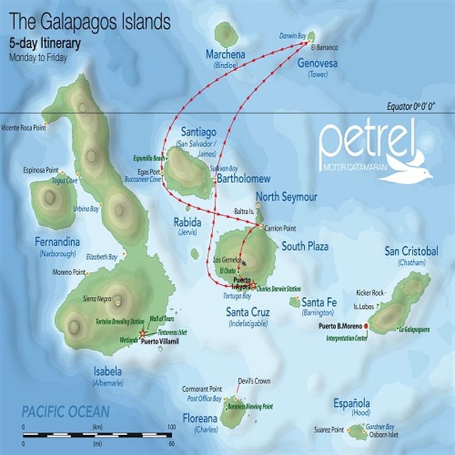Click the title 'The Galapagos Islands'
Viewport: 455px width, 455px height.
[x=90, y=22]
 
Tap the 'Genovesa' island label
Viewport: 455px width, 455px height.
[x=317, y=64]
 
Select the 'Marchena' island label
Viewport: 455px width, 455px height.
[x=226, y=55]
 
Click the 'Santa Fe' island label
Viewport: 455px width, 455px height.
[x=320, y=302]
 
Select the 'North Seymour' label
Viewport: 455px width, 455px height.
[x=287, y=197]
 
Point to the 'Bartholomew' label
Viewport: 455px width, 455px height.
[x=243, y=179]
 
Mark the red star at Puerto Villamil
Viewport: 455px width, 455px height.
[x=142, y=332]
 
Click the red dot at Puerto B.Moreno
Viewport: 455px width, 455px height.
[x=366, y=326]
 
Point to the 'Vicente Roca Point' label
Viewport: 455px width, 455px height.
[x=23, y=127]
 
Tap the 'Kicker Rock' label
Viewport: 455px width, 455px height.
[x=370, y=293]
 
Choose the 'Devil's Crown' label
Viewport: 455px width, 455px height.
[x=254, y=381]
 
